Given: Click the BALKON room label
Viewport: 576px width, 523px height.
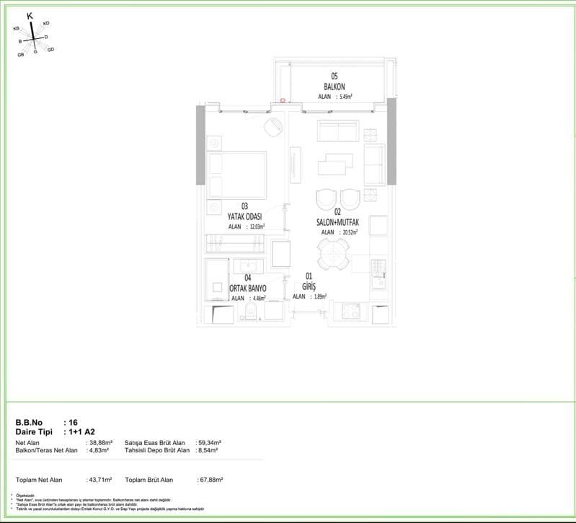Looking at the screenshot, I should pyautogui.click(x=334, y=87).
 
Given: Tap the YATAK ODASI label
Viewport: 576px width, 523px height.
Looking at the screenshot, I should pyautogui.click(x=244, y=216).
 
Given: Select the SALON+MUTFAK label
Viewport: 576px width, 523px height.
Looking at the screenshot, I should pyautogui.click(x=337, y=222).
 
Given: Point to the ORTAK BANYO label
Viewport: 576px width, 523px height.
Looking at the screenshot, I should pyautogui.click(x=248, y=288).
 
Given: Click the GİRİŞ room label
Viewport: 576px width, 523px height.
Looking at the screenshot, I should pyautogui.click(x=309, y=286).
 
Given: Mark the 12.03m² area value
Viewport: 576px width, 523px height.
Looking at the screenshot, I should pyautogui.click(x=256, y=226).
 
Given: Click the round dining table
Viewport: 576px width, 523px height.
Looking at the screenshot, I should pyautogui.click(x=333, y=253).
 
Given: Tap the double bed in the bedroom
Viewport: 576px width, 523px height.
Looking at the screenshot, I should pyautogui.click(x=236, y=174).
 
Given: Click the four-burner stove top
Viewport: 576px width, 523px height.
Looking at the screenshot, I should pyautogui.click(x=351, y=312).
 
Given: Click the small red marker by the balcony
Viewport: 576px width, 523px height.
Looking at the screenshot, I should pyautogui.click(x=283, y=102).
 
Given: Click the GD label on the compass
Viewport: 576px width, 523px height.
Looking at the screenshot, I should pyautogui.click(x=50, y=50).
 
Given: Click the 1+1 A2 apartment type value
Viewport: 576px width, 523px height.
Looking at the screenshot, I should pyautogui.click(x=84, y=432).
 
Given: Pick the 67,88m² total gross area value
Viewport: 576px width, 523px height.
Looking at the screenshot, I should pyautogui.click(x=210, y=479).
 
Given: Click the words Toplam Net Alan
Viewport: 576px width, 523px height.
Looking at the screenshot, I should pyautogui.click(x=39, y=479).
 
